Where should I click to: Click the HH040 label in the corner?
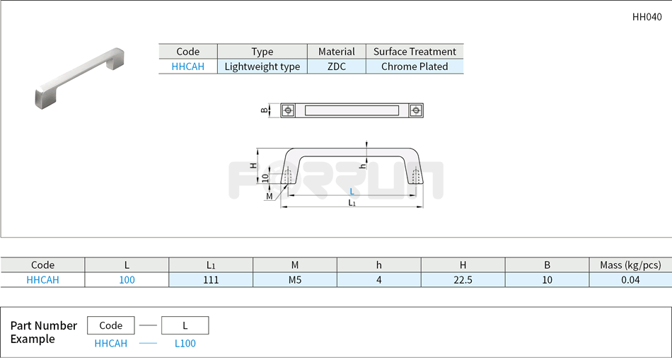pyautogui.click(x=647, y=18)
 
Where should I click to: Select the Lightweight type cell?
pyautogui.click(x=262, y=66)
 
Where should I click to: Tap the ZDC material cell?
pyautogui.click(x=337, y=66)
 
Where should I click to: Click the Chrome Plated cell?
pyautogui.click(x=415, y=66)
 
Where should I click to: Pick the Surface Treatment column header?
pyautogui.click(x=415, y=52)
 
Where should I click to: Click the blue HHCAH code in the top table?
pyautogui.click(x=187, y=66)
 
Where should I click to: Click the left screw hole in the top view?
pyautogui.click(x=288, y=110)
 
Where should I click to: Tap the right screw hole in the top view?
pyautogui.click(x=415, y=110)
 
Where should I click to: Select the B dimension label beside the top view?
pyautogui.click(x=265, y=110)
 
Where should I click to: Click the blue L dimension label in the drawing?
pyautogui.click(x=352, y=192)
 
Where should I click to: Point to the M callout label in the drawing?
pyautogui.click(x=270, y=196)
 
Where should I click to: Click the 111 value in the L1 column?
pyautogui.click(x=211, y=280)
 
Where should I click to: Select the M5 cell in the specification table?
pyautogui.click(x=295, y=280)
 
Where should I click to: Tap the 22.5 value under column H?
pyautogui.click(x=463, y=280)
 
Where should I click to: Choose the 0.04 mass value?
pyautogui.click(x=630, y=280)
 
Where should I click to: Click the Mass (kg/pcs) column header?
pyautogui.click(x=630, y=265)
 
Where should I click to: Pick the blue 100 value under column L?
pyautogui.click(x=127, y=280)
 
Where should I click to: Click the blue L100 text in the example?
pyautogui.click(x=185, y=344)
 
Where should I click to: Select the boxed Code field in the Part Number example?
pyautogui.click(x=110, y=325)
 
